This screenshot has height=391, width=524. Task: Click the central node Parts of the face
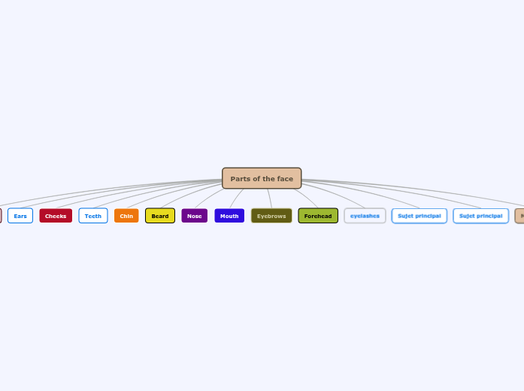point(262,178)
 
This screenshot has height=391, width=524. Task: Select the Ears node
point(20,216)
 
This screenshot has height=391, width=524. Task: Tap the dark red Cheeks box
point(56,216)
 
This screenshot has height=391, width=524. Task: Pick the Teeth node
point(93,216)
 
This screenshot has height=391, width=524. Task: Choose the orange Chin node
point(126,216)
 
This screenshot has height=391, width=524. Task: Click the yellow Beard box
point(160,216)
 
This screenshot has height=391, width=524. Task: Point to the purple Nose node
point(195,216)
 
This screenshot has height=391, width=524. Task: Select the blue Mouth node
point(229,216)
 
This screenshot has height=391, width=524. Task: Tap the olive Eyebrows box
point(271,216)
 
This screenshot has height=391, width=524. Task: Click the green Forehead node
point(318,216)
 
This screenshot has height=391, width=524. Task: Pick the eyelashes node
point(365,216)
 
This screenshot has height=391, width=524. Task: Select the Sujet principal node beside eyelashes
point(420,216)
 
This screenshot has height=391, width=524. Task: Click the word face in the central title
point(285,179)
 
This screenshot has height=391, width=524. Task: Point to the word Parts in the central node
point(240,179)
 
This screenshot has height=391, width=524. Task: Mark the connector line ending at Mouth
point(237,199)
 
